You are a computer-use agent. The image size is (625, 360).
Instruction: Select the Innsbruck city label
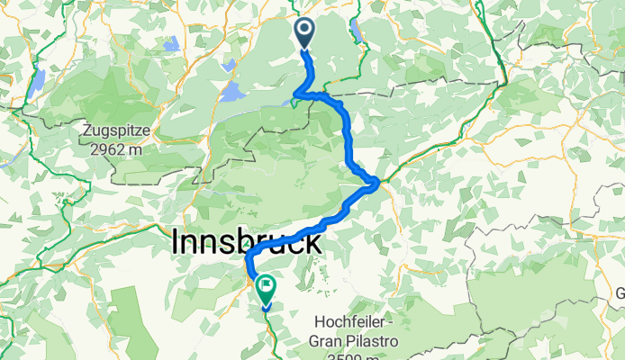tap(246, 242)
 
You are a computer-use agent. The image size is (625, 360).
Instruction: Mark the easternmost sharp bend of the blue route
tap(376, 184)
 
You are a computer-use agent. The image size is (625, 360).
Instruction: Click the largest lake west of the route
tap(232, 92)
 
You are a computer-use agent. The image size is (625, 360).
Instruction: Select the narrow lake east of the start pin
tap(358, 32)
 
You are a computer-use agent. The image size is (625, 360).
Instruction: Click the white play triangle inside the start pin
tap(303, 31)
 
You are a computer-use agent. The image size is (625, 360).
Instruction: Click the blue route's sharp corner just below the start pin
tap(296, 94)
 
